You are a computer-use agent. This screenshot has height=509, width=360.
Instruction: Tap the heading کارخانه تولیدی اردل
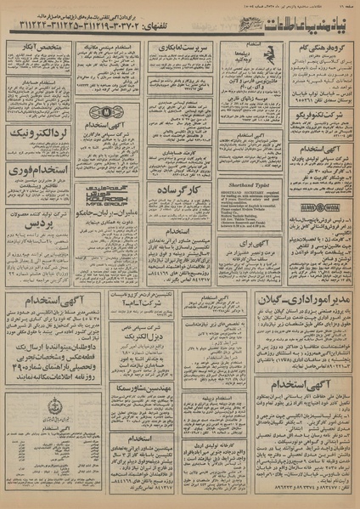[248, 422]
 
